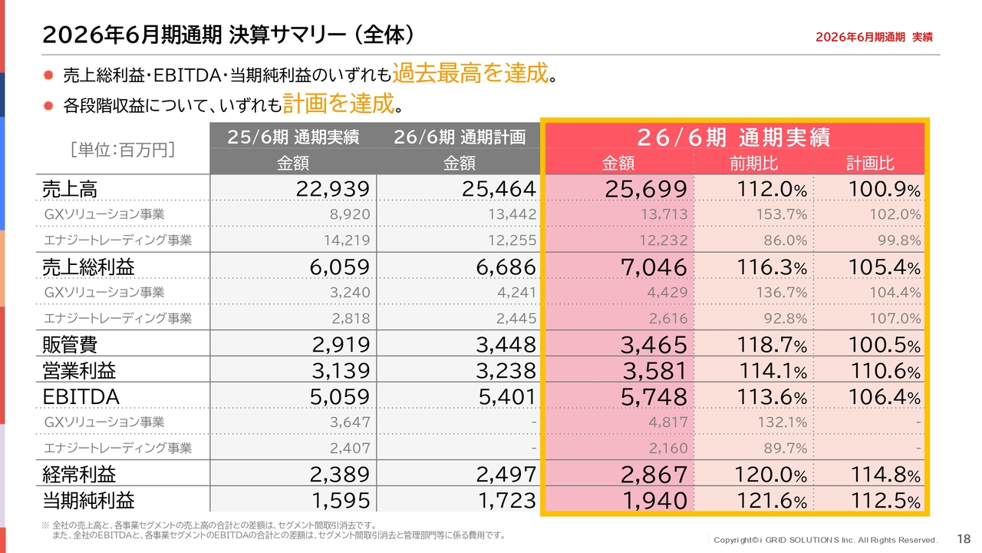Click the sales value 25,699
[646, 189]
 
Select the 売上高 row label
[70, 190]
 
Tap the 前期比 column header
[753, 164]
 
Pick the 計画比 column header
[870, 164]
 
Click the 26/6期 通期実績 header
[734, 137]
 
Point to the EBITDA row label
[81, 397]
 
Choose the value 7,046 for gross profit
[654, 267]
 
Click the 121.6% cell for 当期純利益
[771, 501]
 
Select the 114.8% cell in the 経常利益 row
[885, 475]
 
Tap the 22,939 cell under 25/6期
[333, 189]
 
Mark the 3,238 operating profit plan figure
[506, 371]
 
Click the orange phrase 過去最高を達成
[470, 73]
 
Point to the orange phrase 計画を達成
[338, 104]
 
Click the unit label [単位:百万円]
[123, 150]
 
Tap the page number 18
[964, 539]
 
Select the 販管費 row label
[70, 345]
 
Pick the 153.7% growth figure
[781, 214]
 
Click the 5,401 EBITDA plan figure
[507, 397]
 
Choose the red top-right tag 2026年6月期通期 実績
[874, 38]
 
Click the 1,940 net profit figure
[654, 501]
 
